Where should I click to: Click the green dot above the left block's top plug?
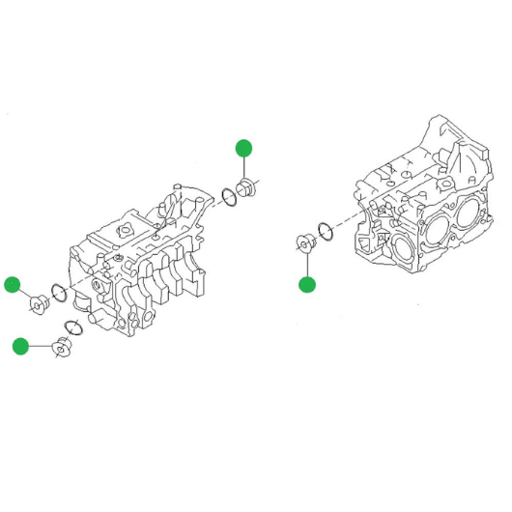click(x=243, y=147)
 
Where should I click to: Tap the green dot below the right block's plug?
click(x=307, y=284)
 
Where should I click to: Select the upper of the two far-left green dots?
click(x=12, y=284)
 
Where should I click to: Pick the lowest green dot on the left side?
click(x=19, y=346)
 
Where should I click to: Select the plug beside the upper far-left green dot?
click(x=39, y=305)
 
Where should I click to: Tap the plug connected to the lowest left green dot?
click(x=63, y=346)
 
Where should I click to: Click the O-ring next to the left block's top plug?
click(x=230, y=197)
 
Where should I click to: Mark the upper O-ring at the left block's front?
click(x=58, y=293)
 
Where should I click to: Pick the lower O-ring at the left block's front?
click(x=73, y=328)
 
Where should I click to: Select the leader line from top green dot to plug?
click(x=244, y=166)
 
